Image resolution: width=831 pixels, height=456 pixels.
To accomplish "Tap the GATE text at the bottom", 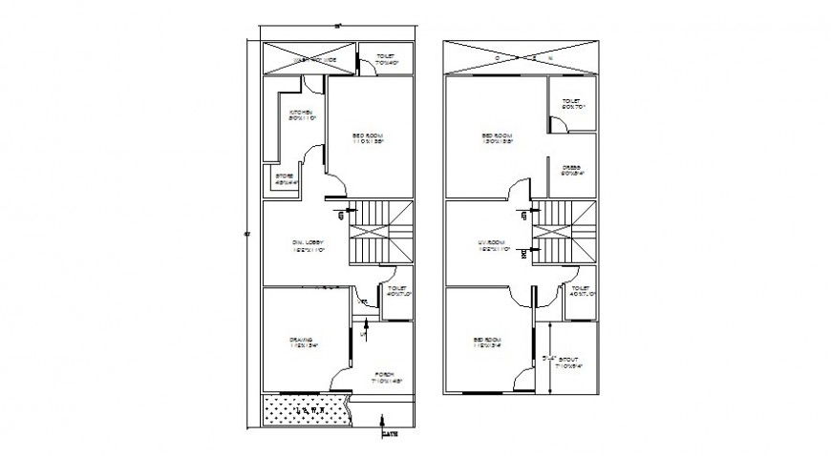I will click(389, 435).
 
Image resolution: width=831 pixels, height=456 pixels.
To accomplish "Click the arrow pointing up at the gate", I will click(383, 420).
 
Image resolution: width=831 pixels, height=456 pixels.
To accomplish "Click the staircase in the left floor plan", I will click(380, 233).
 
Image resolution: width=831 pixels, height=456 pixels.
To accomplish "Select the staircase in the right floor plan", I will click(564, 233).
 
